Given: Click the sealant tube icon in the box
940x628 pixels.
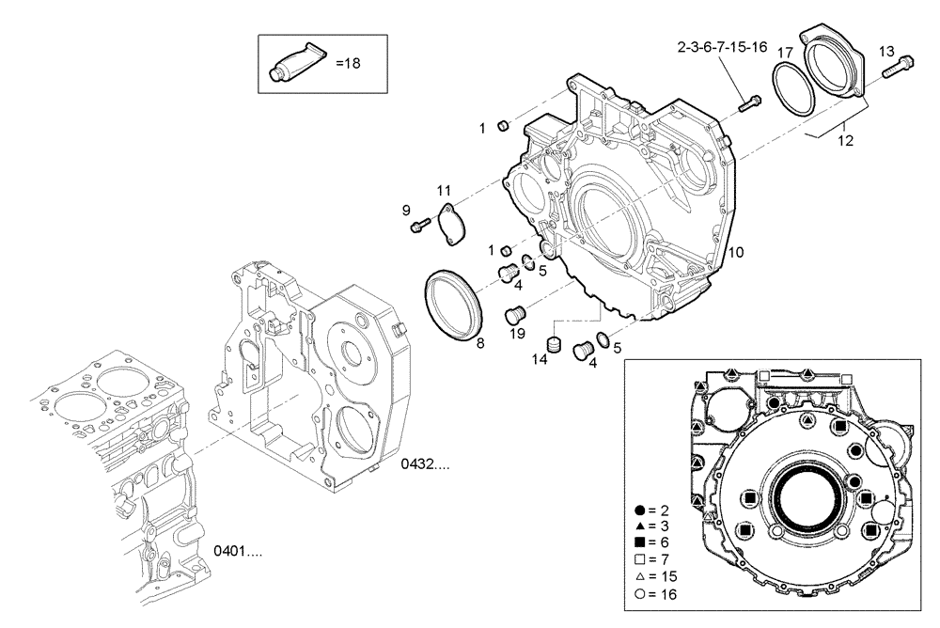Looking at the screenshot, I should tap(294, 63).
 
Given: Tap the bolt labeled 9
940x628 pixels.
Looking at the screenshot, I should tap(420, 224).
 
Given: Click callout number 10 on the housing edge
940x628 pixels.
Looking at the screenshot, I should tap(736, 252).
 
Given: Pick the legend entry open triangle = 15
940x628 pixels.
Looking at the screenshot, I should tap(656, 576).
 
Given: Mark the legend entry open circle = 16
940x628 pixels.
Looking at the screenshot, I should tap(656, 594).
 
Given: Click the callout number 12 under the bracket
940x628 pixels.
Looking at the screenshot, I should tap(845, 140).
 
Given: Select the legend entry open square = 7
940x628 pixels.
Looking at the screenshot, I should tap(654, 559).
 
